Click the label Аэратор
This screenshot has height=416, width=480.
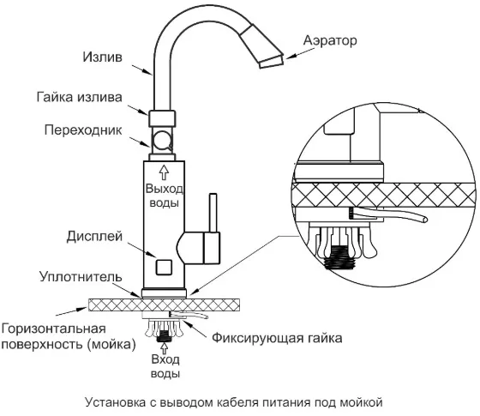coord(330,40)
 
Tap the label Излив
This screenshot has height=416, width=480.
coord(103,57)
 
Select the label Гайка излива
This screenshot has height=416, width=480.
coord(80,97)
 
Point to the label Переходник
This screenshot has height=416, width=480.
coord(83,130)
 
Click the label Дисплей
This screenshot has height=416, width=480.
coord(94,237)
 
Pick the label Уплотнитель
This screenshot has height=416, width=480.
coord(81,276)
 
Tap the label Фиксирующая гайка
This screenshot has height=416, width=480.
coord(277,338)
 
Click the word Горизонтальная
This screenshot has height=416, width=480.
coord(53,329)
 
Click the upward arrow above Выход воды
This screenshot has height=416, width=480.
coord(164,172)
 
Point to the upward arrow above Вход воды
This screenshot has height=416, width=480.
coord(165,348)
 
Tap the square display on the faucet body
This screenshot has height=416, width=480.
coord(164,267)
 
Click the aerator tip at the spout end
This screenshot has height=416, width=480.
coord(272,61)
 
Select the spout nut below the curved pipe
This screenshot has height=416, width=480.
coord(162,118)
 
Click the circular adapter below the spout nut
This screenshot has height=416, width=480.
coord(162,141)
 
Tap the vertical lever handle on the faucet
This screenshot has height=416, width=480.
coord(213,213)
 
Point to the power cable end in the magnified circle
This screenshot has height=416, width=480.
coord(424,219)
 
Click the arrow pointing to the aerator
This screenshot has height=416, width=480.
coord(295,54)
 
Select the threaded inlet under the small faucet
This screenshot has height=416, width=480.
coord(164,336)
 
